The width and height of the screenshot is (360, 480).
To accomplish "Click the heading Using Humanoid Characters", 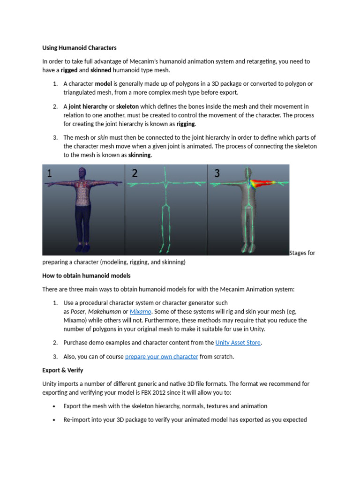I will [x=79, y=47].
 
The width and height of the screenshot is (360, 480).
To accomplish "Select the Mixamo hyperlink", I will [x=140, y=312].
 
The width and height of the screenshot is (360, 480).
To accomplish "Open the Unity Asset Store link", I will [x=238, y=343].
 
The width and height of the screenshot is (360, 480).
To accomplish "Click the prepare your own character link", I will [x=161, y=356].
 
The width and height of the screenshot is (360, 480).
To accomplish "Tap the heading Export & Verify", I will [x=62, y=370].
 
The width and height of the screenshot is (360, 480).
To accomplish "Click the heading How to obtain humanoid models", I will [x=86, y=275].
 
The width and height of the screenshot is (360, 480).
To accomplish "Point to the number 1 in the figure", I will [x=50, y=173].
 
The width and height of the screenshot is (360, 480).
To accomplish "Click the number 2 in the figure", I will [x=135, y=173].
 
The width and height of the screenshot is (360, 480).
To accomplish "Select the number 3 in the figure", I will [x=217, y=173].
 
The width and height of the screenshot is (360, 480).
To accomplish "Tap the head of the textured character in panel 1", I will [x=83, y=172].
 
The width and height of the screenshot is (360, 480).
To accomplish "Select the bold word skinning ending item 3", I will [x=140, y=155].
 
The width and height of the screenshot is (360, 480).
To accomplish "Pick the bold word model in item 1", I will [x=103, y=83].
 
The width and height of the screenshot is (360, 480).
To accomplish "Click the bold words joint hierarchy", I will [x=88, y=106].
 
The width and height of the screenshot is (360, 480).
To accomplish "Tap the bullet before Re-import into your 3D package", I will [x=55, y=420].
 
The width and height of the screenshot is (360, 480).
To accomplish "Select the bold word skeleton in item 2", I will [x=127, y=106].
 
